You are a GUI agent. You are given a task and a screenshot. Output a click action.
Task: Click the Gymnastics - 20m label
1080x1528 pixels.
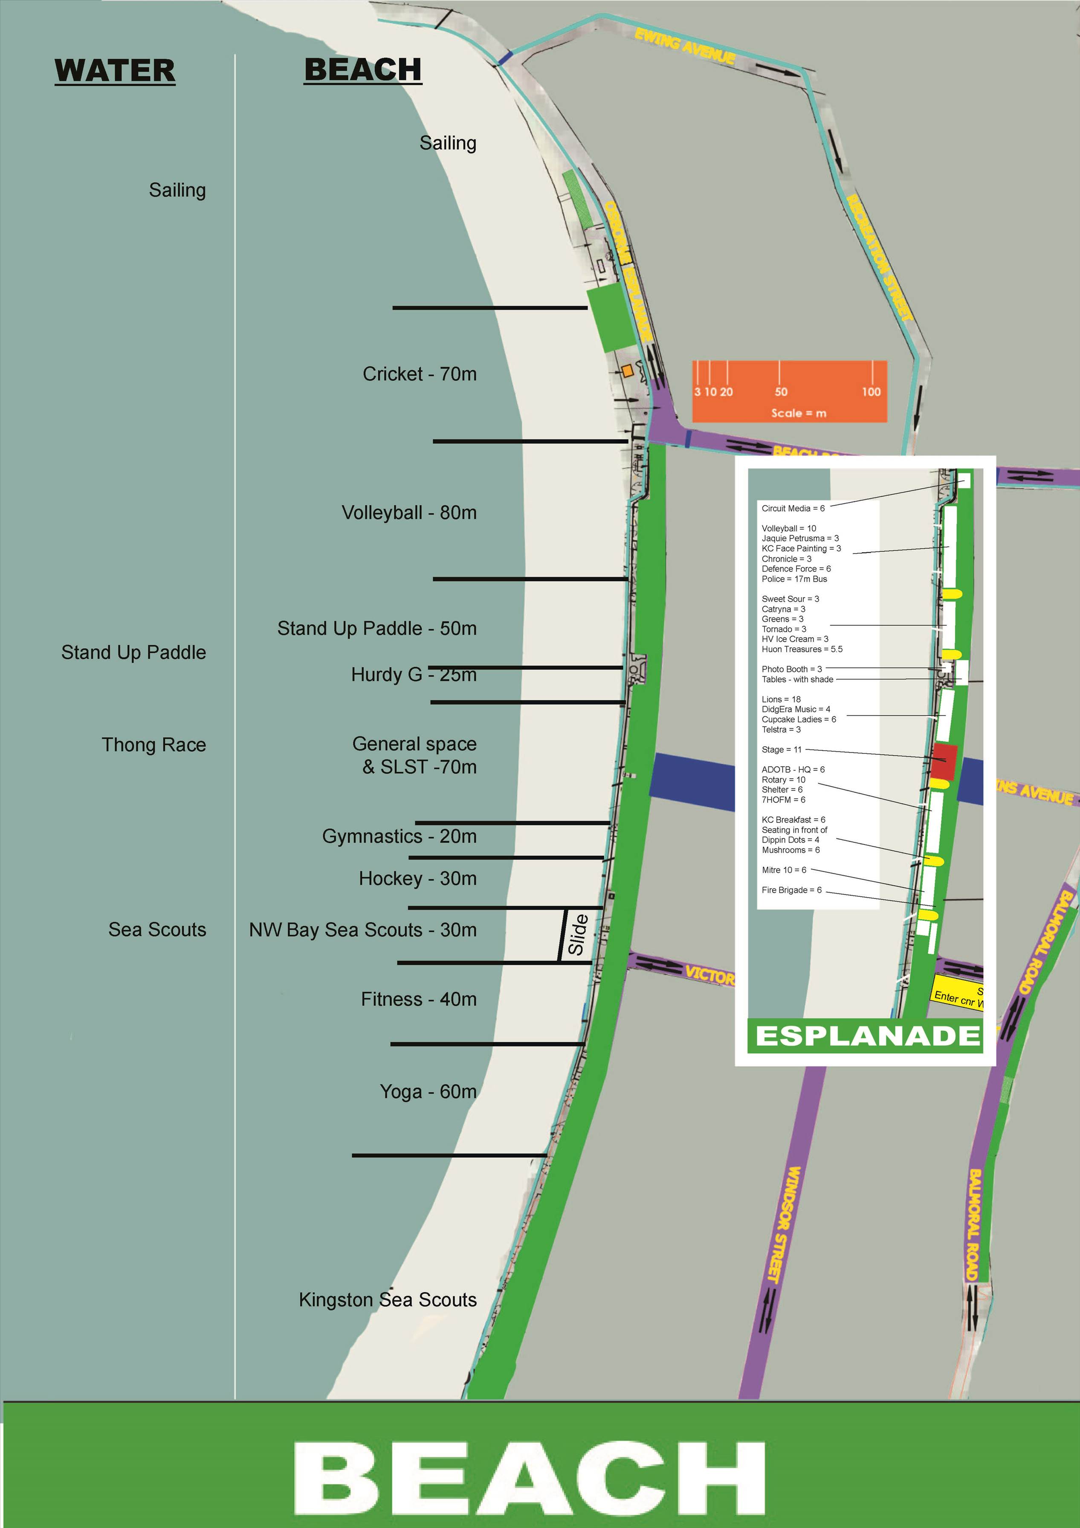point(399,836)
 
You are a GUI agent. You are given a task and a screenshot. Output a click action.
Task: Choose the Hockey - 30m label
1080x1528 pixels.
point(417,879)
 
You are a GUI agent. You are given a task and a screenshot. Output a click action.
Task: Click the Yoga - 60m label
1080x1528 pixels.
point(428,1091)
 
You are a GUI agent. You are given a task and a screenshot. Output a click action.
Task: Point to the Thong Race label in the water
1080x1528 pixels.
point(154,745)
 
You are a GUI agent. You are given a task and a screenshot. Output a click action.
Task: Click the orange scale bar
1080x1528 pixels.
point(789,391)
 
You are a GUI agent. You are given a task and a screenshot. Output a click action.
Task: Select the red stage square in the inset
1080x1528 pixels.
point(944,761)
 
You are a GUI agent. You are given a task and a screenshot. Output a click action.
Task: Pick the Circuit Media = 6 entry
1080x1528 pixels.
point(793,508)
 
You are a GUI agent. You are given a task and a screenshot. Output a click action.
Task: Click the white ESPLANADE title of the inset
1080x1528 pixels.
point(867,1036)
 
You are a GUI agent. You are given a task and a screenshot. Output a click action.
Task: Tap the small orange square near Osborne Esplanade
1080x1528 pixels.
point(627,371)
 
